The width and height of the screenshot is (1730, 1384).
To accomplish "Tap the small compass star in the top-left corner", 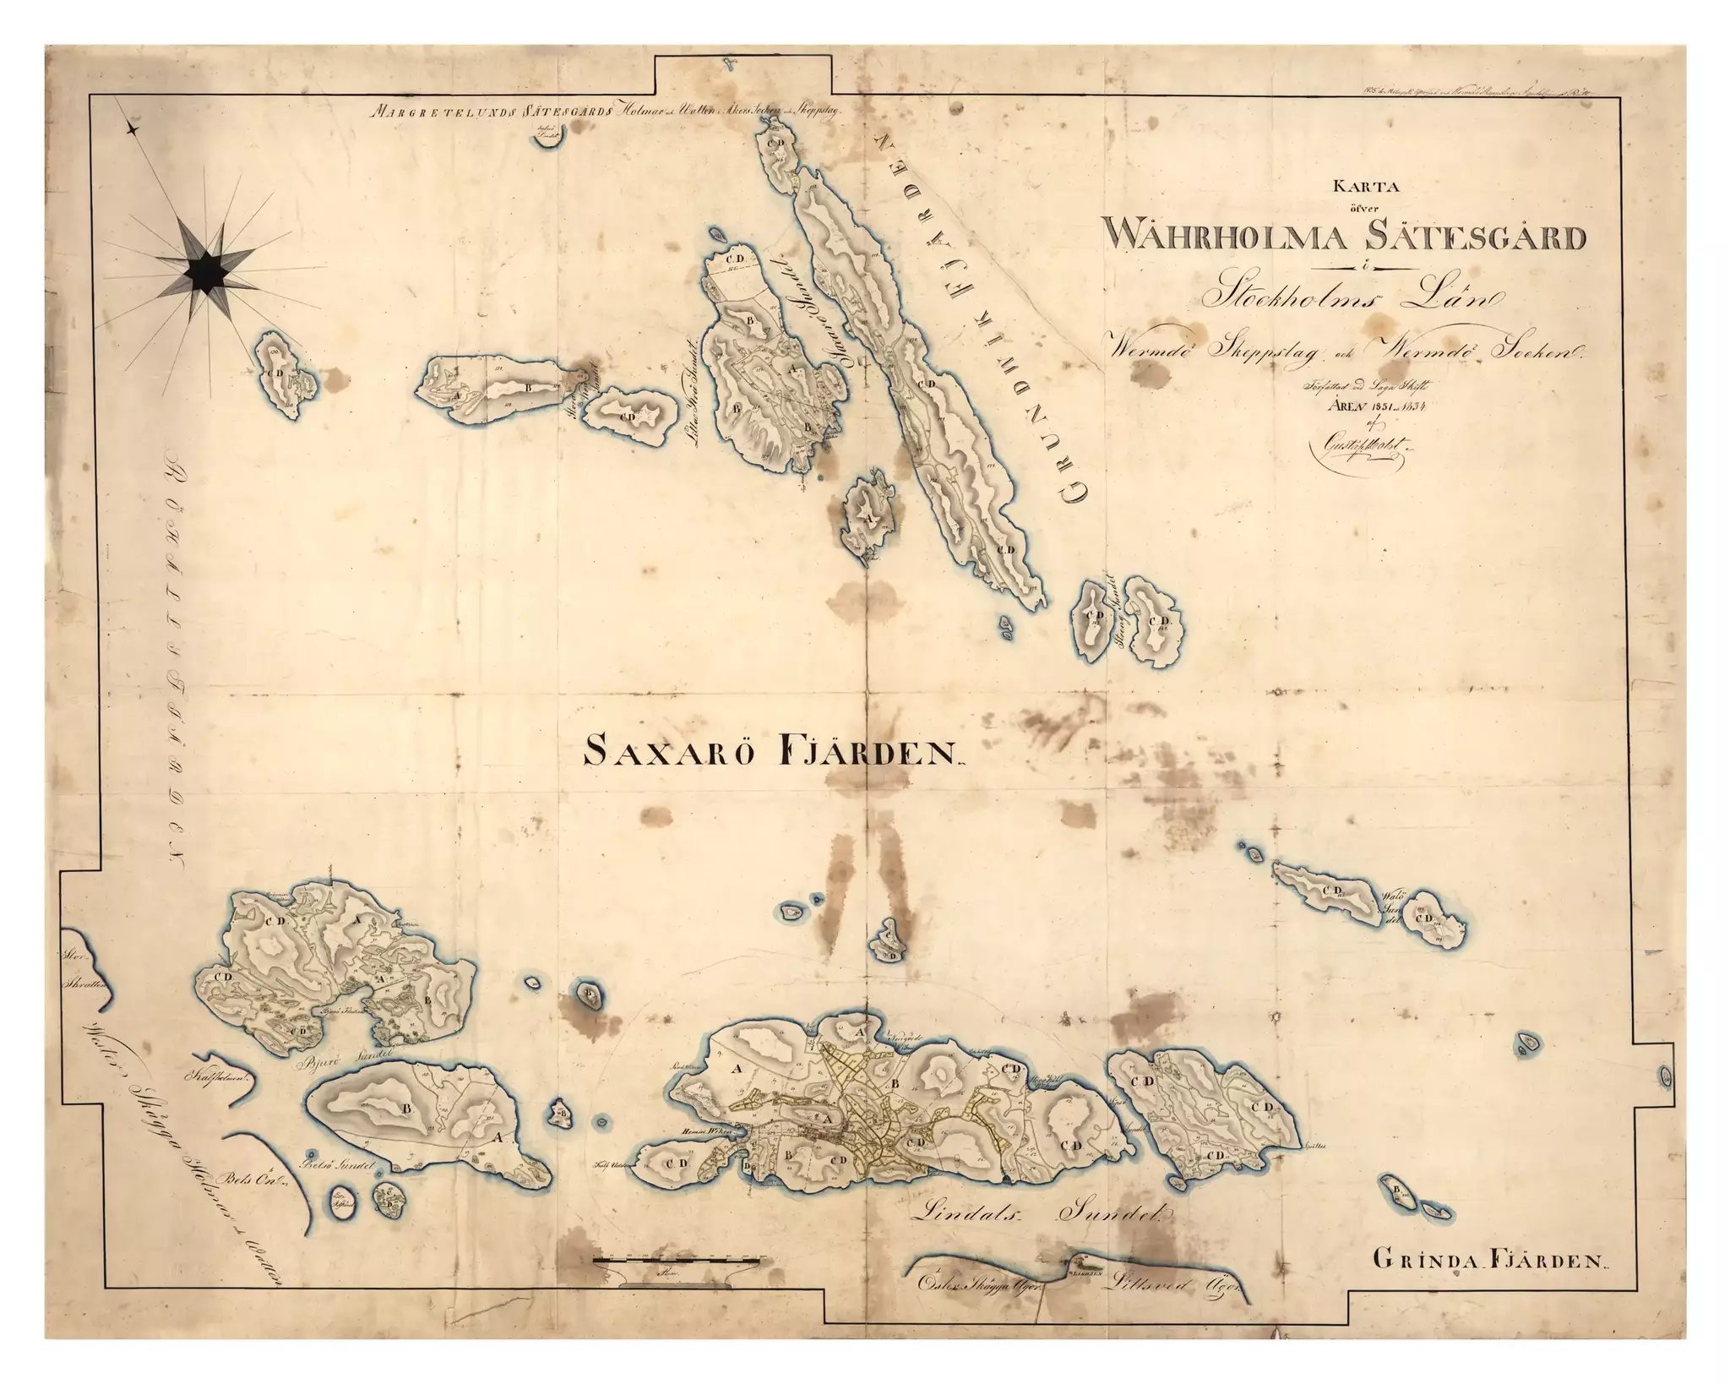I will [132, 128].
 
